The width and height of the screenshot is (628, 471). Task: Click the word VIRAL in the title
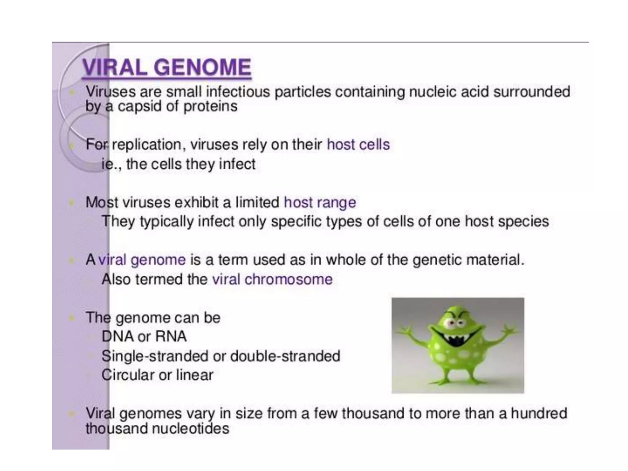[x=115, y=67]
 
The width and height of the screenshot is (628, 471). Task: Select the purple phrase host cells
[x=358, y=144]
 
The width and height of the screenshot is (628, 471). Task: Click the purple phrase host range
[x=320, y=202]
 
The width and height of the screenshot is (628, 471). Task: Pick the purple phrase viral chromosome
[x=272, y=279]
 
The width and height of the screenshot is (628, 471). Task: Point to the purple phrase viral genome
[x=142, y=260]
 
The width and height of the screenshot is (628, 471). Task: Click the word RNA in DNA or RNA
[x=171, y=336]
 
